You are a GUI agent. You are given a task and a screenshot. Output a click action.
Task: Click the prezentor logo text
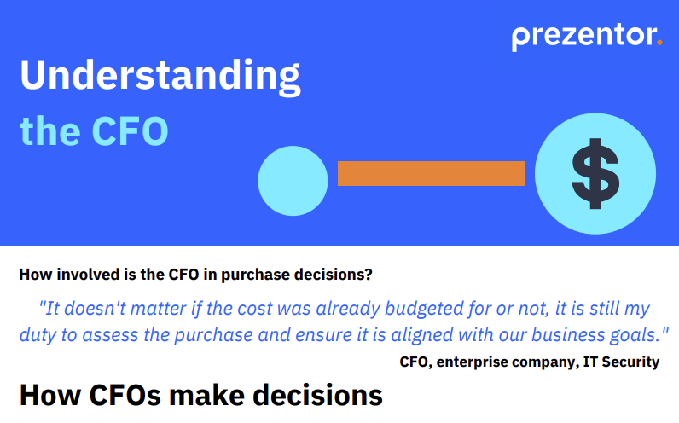point(583,37)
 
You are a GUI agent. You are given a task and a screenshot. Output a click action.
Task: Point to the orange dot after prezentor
point(659,42)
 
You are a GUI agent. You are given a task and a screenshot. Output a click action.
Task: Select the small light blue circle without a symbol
point(293,180)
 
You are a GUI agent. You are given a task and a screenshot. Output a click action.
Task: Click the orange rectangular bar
point(431,173)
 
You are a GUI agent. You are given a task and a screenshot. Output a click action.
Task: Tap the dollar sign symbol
point(595,174)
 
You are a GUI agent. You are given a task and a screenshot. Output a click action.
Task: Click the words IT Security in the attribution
point(621,362)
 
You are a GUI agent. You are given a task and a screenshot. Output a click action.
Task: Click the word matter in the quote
point(163,307)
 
